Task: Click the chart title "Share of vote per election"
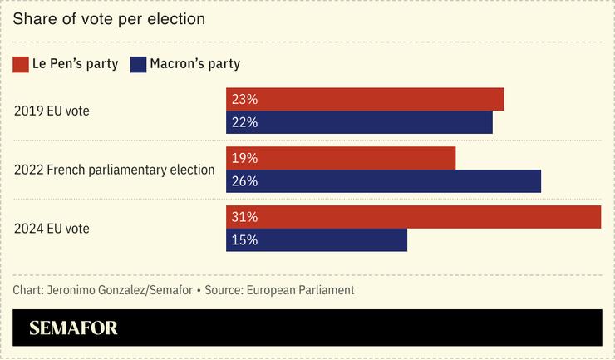[x=109, y=18]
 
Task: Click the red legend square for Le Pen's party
[x=21, y=64]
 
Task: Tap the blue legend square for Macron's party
[x=138, y=64]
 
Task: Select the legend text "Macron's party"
[x=195, y=64]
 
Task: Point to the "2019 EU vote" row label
[x=52, y=111]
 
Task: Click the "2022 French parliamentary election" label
[x=115, y=170]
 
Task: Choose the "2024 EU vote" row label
[x=52, y=229]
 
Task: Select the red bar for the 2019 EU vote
[x=365, y=99]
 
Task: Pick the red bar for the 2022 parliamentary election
[x=341, y=158]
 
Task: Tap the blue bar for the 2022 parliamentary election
[x=383, y=181]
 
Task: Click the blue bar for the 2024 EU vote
[x=317, y=240]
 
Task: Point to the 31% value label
[x=245, y=217]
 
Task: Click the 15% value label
[x=245, y=240]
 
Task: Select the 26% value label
[x=245, y=181]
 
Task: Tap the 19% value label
[x=245, y=158]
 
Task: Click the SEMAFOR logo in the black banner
[x=73, y=328]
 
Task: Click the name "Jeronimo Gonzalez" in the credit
[x=89, y=290]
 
